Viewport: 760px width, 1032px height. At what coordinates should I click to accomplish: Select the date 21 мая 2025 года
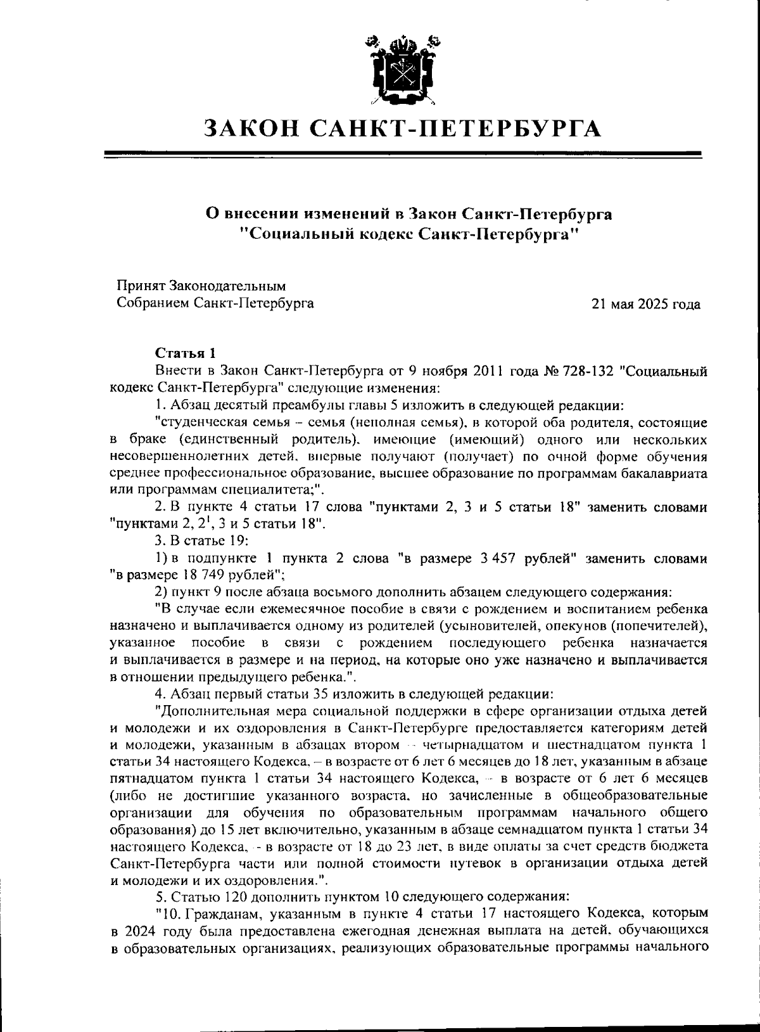click(645, 304)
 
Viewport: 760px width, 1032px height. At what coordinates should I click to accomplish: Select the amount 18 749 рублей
click(221, 575)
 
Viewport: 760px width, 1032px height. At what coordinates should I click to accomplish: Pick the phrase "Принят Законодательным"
click(201, 286)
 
